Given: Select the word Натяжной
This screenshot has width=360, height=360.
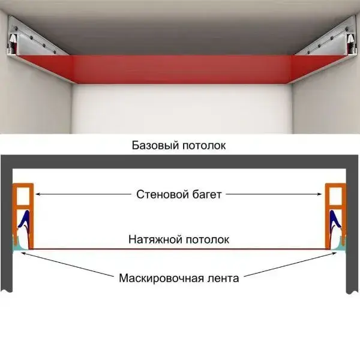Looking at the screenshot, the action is click(x=152, y=239).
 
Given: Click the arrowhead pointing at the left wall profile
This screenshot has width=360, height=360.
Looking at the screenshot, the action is click(x=37, y=194).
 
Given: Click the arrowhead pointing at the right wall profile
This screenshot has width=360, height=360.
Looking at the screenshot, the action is click(x=322, y=194).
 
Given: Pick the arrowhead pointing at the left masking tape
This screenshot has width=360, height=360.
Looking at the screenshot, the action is click(x=22, y=253).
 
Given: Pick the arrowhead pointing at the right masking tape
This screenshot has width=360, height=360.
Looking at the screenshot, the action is click(x=337, y=253).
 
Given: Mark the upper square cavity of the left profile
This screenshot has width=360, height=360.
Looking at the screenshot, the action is click(x=23, y=195).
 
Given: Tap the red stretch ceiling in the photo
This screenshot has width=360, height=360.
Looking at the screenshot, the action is click(x=180, y=70).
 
